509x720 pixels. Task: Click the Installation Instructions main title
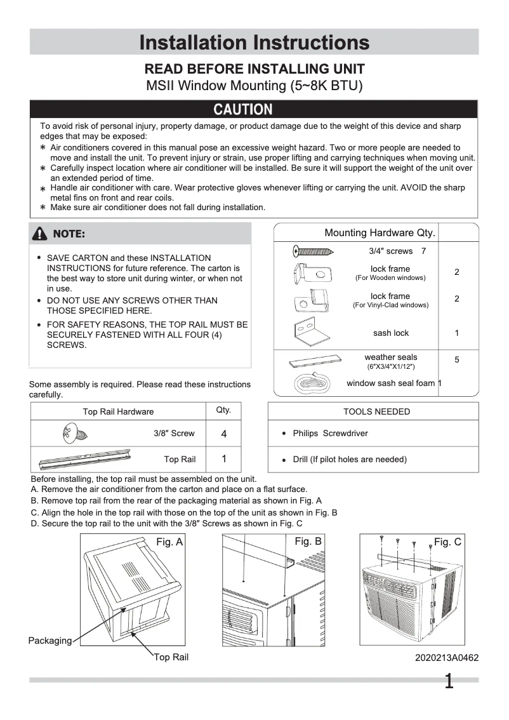(254, 43)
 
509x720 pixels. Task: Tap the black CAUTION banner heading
(243, 109)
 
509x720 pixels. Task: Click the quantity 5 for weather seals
(457, 360)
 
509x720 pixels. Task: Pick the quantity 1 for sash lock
(457, 333)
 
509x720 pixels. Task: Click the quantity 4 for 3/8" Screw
(223, 434)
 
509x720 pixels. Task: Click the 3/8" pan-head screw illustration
(74, 434)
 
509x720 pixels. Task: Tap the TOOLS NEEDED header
(376, 411)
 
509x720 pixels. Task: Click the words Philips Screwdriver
(330, 434)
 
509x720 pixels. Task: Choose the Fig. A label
(169, 542)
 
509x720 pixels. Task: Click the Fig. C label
(447, 542)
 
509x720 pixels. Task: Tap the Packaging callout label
(50, 641)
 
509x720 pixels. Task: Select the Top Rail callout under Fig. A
(171, 657)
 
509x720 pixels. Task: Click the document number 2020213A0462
(447, 658)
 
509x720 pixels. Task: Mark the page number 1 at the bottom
(449, 682)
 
